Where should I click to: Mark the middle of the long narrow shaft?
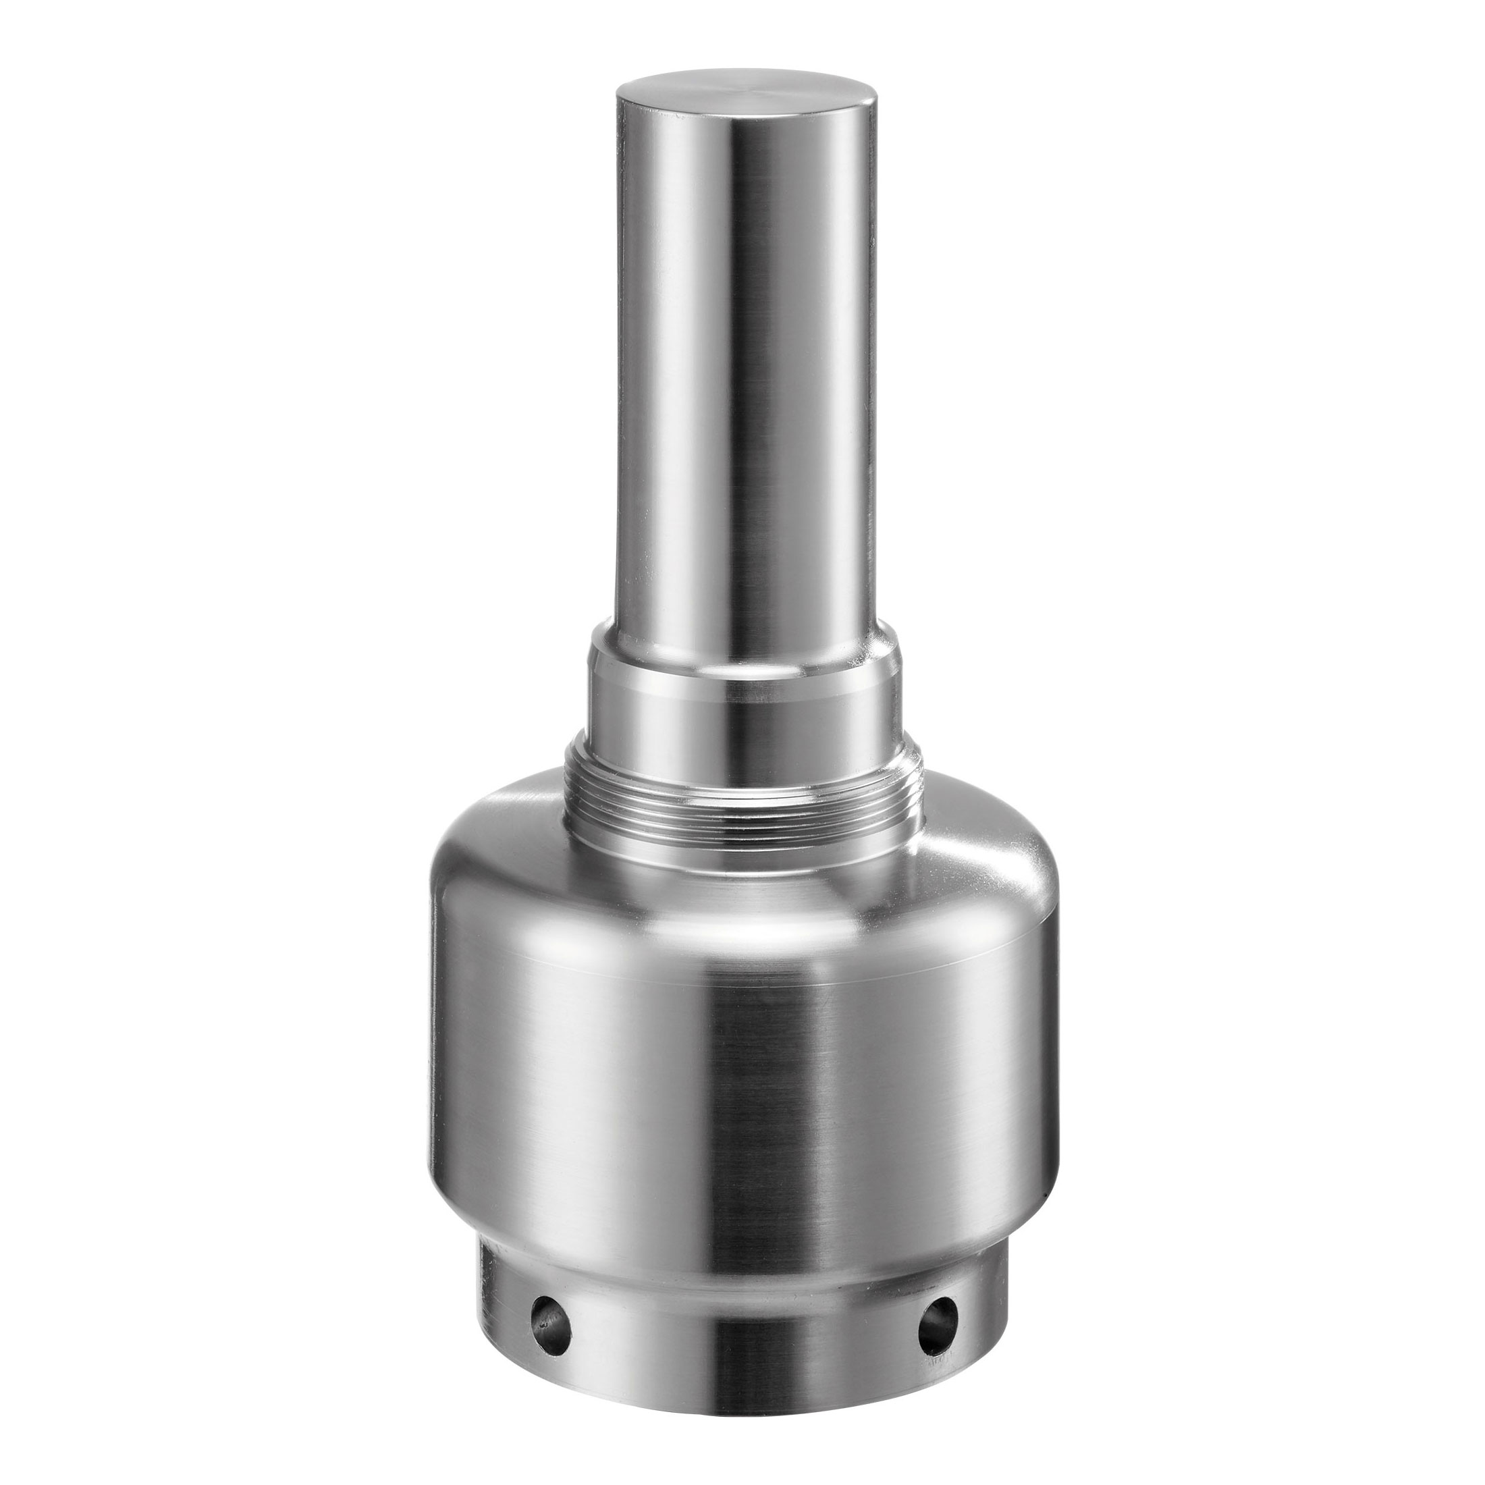click(x=744, y=369)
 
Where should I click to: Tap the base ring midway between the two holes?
click(x=743, y=1307)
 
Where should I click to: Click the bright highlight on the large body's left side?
click(x=584, y=1076)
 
